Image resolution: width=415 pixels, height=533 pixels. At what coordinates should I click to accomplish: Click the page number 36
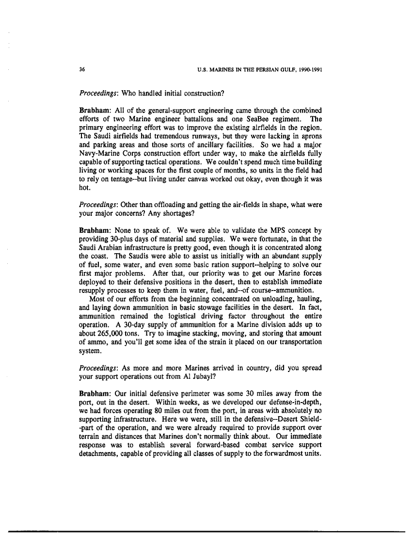click(x=82, y=70)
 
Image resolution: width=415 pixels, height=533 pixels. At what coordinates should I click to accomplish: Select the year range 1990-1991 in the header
click(x=307, y=70)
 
